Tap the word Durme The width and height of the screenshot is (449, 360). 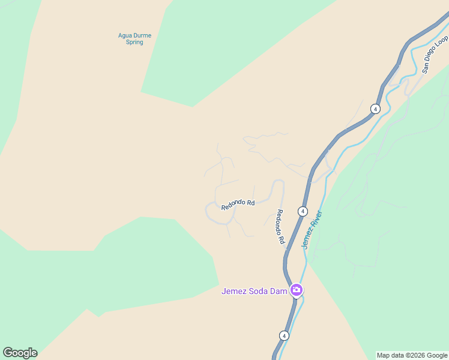click(142, 35)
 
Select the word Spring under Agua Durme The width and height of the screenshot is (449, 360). click(134, 43)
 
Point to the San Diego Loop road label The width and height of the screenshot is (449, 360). click(435, 54)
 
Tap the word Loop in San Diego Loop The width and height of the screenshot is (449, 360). click(443, 41)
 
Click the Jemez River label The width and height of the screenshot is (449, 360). click(312, 230)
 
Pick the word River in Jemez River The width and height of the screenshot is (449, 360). click(317, 218)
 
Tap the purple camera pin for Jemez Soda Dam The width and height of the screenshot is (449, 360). click(296, 291)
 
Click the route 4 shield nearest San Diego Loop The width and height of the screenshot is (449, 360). click(375, 109)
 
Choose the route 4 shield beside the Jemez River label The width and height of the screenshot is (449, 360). click(303, 211)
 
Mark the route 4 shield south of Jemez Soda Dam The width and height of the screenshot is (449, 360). click(283, 335)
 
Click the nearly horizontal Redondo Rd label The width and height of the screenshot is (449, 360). click(238, 205)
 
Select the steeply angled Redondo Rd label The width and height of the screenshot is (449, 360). click(280, 227)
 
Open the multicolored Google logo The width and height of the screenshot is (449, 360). click(20, 353)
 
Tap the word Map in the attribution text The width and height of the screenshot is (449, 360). click(383, 355)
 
